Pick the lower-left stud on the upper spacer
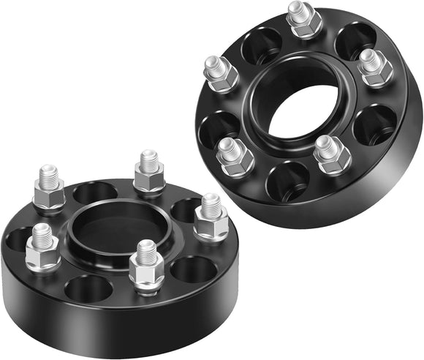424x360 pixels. [x=235, y=154]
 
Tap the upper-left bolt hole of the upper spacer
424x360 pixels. [x=261, y=45]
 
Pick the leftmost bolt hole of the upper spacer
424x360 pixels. [x=216, y=125]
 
